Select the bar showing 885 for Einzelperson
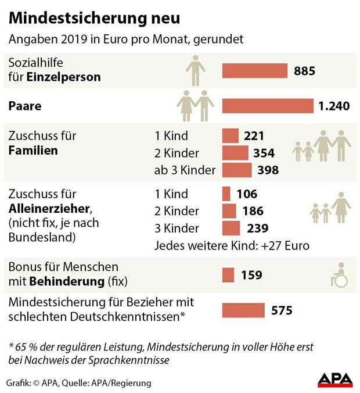[255, 71]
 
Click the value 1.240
[334, 106]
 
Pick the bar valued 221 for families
[231, 136]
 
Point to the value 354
[264, 153]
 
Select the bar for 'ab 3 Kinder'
[237, 170]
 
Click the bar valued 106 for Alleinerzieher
[226, 194]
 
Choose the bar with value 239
[231, 228]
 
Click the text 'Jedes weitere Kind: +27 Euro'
[232, 246]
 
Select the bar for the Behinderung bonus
[228, 275]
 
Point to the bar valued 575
[243, 310]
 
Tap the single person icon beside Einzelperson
[196, 71]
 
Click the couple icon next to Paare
[196, 105]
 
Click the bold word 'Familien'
[33, 151]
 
